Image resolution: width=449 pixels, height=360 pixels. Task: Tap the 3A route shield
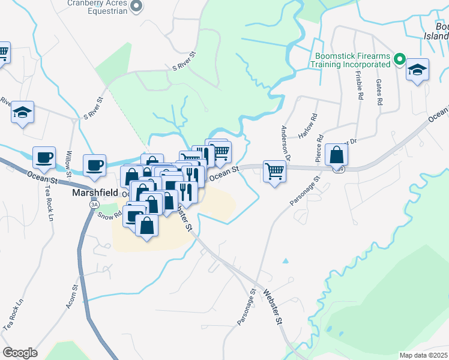(94, 205)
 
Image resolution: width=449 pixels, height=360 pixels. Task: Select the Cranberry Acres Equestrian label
(98, 7)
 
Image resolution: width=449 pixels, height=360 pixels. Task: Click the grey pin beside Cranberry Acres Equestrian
(136, 7)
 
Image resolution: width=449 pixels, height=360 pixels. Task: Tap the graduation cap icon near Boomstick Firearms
(417, 70)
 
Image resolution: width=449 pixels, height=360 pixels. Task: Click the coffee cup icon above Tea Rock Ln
(44, 158)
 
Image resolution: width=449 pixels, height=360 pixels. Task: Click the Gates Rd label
(379, 93)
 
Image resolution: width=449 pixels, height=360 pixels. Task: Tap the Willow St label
(69, 165)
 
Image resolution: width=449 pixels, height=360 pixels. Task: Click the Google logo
(20, 353)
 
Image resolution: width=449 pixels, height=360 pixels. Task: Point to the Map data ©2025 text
(423, 355)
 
